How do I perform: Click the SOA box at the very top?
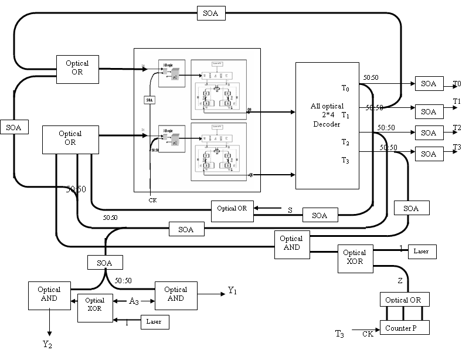coord(212,13)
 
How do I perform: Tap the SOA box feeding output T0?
coord(429,83)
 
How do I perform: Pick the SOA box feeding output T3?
coord(429,154)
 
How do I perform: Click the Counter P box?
coord(405,328)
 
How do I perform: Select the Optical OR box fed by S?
coord(233,209)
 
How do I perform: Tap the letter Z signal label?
coord(400,281)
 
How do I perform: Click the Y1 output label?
coord(232,290)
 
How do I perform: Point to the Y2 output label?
coord(48,344)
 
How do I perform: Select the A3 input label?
coord(134,301)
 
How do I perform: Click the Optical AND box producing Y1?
coord(175,294)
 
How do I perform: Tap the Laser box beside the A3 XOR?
coord(155,321)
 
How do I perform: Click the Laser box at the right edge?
coord(422,252)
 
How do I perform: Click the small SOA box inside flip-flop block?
coord(149,100)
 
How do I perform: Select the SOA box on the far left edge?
coord(13,126)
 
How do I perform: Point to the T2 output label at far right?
coord(457,127)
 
